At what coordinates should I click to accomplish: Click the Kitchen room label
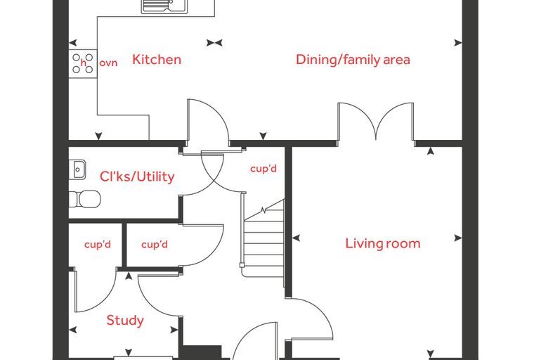tap(157, 60)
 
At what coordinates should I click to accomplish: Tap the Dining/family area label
tap(353, 60)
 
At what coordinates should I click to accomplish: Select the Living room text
tap(383, 243)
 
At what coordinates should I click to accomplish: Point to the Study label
tap(125, 321)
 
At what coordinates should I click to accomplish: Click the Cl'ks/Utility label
tap(137, 176)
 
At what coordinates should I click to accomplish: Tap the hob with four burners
tap(83, 63)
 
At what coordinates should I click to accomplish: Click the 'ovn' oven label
tap(108, 63)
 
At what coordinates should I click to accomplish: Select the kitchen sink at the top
tap(164, 6)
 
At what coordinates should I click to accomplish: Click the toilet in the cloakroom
tap(85, 199)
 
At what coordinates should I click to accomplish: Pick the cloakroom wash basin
tap(77, 169)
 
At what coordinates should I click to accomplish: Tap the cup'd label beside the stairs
tap(263, 169)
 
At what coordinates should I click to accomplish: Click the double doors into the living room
tap(376, 122)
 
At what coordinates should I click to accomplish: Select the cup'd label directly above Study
tap(98, 245)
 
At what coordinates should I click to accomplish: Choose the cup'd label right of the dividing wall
tap(155, 245)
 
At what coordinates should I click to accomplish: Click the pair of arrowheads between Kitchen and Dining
tap(214, 43)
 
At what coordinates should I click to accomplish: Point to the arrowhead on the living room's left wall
tap(296, 238)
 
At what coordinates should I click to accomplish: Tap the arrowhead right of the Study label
tap(174, 330)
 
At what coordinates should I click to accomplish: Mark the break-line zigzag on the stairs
tap(263, 210)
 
